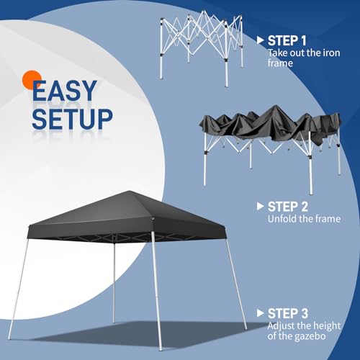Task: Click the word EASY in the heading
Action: coord(64,90)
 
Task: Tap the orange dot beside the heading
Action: coord(30,78)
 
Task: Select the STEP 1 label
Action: coord(289,40)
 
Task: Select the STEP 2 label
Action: coord(289,206)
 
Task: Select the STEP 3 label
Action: coord(289,314)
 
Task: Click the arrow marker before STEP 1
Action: coord(259,40)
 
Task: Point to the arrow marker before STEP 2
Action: coord(259,206)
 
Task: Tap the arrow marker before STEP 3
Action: coord(259,314)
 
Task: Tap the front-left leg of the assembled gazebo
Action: coord(17,288)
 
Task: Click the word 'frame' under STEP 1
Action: coord(283,63)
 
